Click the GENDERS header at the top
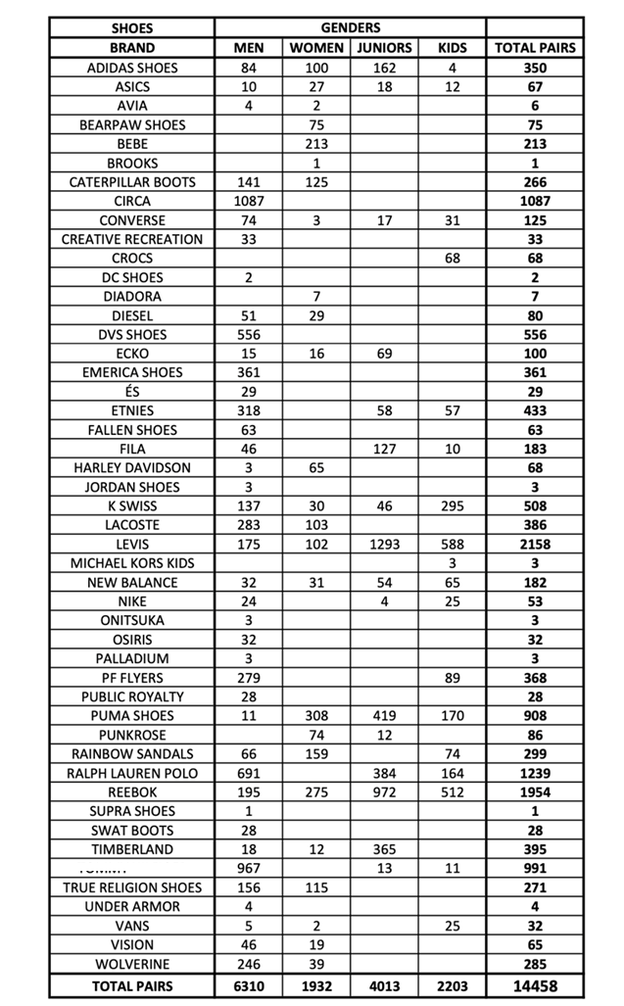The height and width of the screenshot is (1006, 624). pos(350,27)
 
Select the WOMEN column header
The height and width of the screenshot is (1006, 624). pos(316,47)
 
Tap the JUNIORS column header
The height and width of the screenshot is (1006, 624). pos(384,47)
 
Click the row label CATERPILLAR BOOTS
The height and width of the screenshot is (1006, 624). pos(132,181)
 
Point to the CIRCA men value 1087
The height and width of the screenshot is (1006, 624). pos(249,201)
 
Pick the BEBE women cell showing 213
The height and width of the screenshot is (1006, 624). pos(316,143)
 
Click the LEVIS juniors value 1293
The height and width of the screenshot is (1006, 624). pos(384,544)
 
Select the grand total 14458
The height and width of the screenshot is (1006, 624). pos(535,985)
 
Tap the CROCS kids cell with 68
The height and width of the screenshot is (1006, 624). pos(452,258)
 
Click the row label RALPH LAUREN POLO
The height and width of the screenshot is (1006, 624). pos(132,773)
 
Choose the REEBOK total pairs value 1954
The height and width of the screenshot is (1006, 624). pos(535,791)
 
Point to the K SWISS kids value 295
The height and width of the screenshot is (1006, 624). pos(452,505)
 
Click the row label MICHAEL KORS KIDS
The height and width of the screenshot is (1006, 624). pos(132,563)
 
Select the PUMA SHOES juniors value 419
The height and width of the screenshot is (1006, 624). pos(384,716)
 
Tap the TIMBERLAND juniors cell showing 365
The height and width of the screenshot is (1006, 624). pos(384,849)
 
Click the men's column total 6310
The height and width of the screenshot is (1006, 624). pos(249,985)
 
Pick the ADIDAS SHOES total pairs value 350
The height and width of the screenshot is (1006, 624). pos(535,68)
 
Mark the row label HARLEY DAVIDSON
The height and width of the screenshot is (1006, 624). pos(132,467)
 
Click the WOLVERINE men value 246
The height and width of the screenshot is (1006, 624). pos(249,964)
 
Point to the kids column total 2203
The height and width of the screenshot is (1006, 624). pos(452,985)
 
